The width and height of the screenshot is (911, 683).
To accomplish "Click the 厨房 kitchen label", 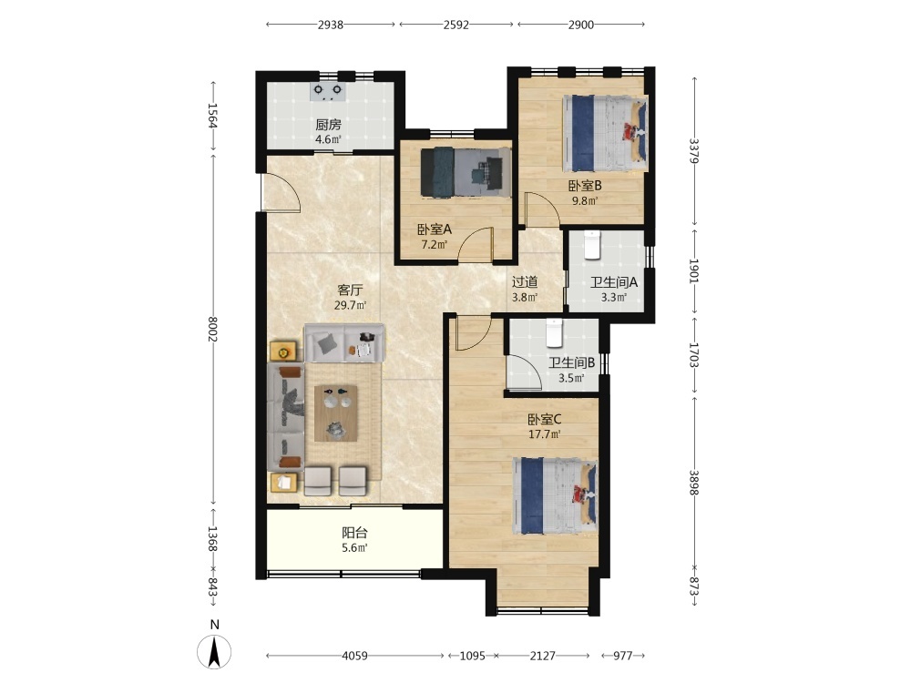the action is click(328, 124).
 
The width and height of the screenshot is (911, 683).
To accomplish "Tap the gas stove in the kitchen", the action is click(328, 91).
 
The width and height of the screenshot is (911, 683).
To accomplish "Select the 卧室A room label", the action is click(434, 229).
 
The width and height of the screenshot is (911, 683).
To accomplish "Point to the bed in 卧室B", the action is click(605, 134).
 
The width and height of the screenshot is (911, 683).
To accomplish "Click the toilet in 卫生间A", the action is click(591, 245).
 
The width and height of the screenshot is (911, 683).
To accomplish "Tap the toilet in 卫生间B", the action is click(554, 332).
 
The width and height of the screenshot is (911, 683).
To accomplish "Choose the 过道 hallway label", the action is click(525, 282).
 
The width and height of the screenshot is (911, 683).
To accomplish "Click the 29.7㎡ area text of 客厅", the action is click(350, 305).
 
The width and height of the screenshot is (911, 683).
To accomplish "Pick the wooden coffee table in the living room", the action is click(336, 413).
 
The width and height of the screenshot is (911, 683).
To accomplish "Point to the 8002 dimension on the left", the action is click(212, 330).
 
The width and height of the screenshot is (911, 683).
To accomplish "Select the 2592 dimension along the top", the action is click(456, 25).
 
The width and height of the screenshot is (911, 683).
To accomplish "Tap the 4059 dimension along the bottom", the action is click(354, 656).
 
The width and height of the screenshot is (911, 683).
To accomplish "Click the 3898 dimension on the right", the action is click(693, 483).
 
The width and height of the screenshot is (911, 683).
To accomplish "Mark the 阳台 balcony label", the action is click(354, 533).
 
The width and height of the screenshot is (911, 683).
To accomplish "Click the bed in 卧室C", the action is click(556, 495).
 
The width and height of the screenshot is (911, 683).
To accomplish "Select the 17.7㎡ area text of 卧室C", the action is click(544, 433).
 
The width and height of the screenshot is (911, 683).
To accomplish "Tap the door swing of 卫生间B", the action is click(524, 372).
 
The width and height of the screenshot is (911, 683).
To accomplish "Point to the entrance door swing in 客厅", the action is click(280, 191).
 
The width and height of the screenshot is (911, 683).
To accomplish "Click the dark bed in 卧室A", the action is click(466, 172).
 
